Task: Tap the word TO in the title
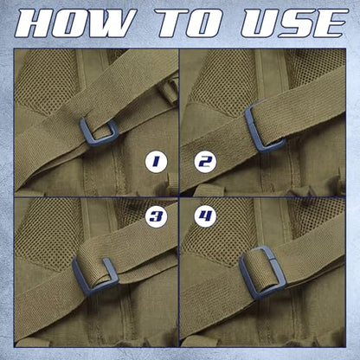click(189, 23)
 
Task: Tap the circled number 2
click(205, 162)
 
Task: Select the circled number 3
click(156, 216)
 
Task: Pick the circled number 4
click(205, 216)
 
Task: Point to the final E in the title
click(331, 23)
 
